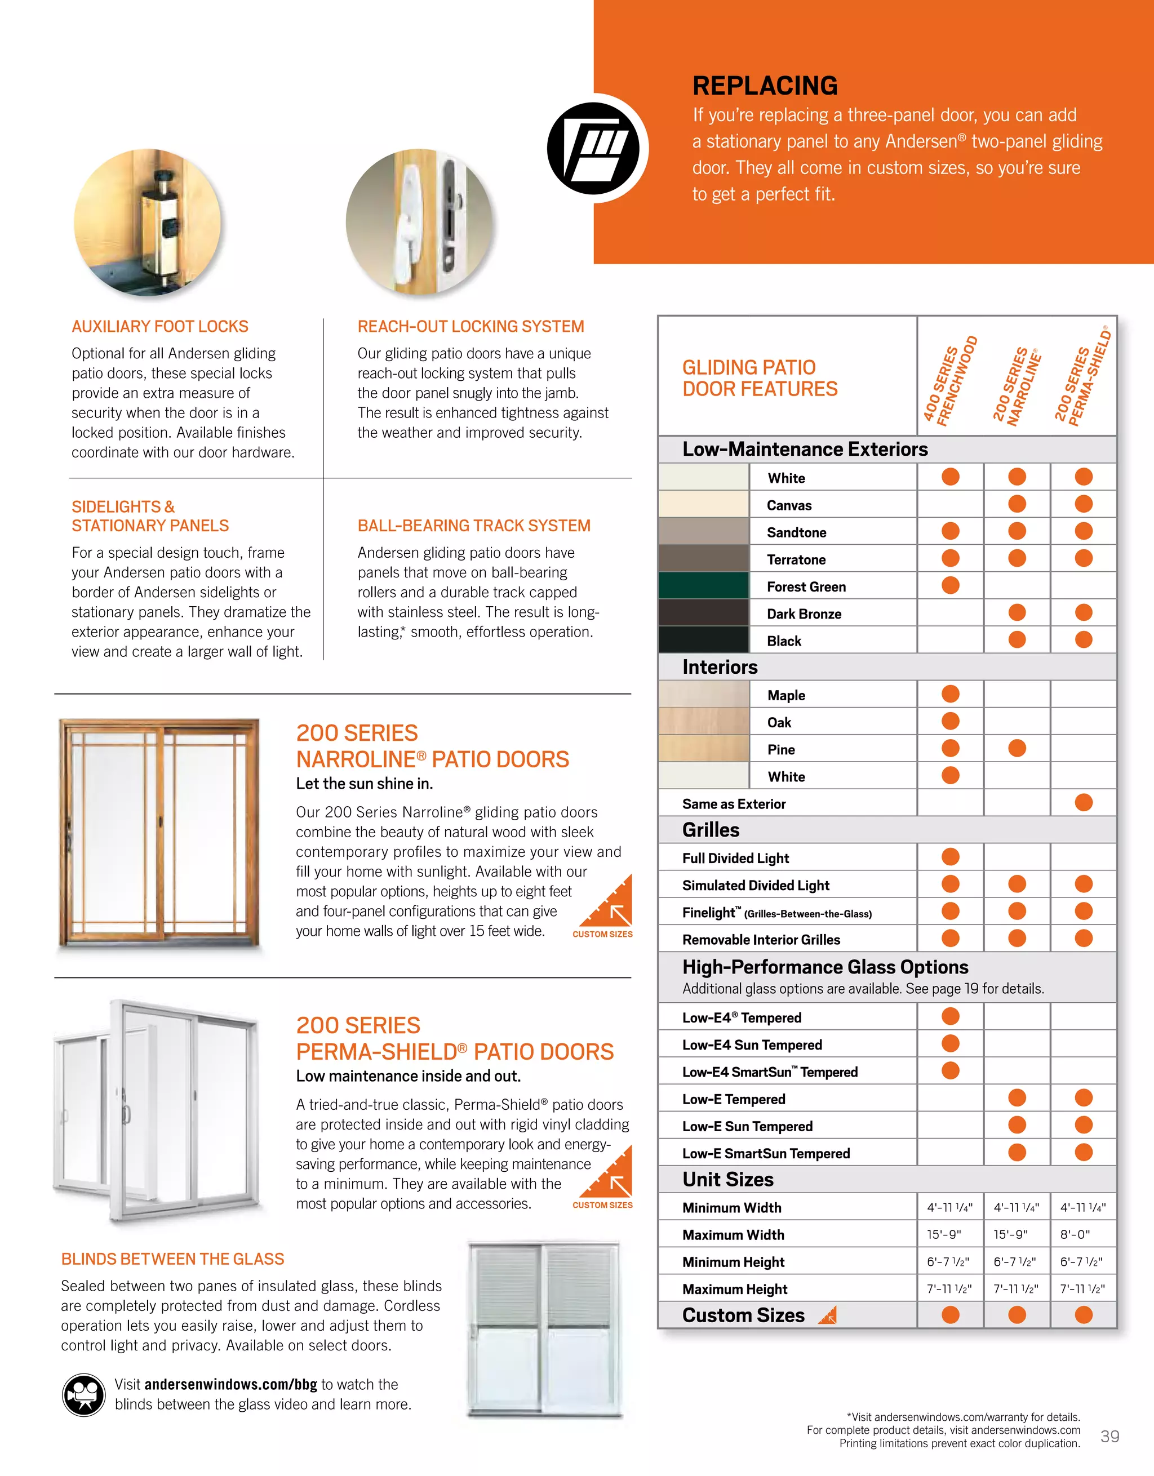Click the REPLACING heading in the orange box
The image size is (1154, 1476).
click(x=765, y=86)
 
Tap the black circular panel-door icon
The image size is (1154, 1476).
click(x=593, y=149)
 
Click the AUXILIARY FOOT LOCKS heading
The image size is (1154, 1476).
click(x=159, y=326)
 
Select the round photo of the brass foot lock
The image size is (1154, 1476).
click(x=148, y=223)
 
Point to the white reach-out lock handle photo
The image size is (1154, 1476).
click(x=419, y=223)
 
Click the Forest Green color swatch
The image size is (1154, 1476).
click(x=703, y=586)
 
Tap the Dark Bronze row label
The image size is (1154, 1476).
click(x=804, y=613)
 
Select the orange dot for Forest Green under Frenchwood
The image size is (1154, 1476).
click(x=950, y=585)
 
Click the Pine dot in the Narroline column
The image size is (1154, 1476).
click(x=1016, y=748)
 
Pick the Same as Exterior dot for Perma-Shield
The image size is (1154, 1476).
click(x=1083, y=802)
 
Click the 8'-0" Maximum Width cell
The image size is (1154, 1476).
click(x=1075, y=1235)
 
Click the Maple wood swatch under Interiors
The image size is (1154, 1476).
click(x=703, y=694)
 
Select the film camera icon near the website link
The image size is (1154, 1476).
click(x=84, y=1394)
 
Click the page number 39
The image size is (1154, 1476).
click(x=1109, y=1436)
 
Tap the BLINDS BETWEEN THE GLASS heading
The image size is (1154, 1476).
click(x=172, y=1259)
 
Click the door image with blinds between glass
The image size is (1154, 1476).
click(x=544, y=1330)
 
